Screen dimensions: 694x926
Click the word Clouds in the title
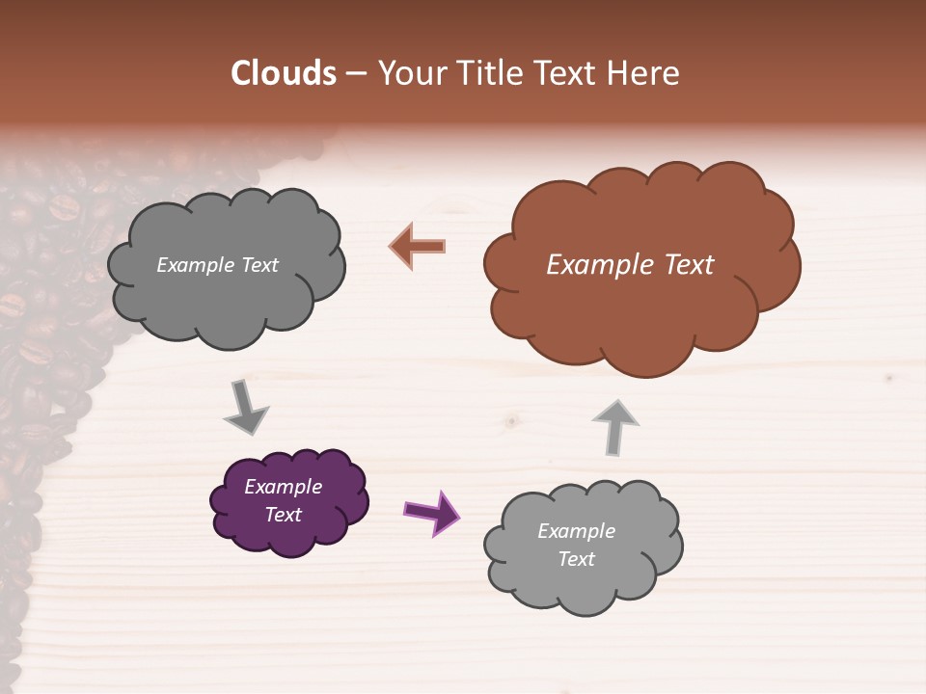coord(283,73)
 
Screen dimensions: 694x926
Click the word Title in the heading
coord(491,73)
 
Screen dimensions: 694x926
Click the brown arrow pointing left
coord(418,246)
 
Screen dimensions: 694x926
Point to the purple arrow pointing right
coord(431,512)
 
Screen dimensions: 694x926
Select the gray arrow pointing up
coord(615,426)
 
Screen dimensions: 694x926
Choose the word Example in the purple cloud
coord(284,487)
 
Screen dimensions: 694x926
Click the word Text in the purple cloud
coord(284,515)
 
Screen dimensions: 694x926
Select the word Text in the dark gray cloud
coord(259,265)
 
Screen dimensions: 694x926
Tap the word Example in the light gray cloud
coord(577,531)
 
